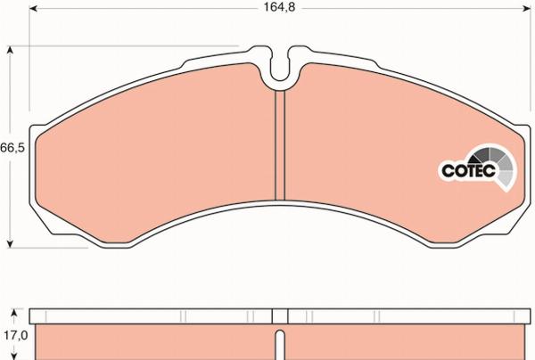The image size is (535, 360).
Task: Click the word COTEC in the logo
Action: tap(462, 168)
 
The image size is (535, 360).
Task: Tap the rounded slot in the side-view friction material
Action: tap(280, 346)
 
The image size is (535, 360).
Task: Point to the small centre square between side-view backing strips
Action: tap(280, 316)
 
